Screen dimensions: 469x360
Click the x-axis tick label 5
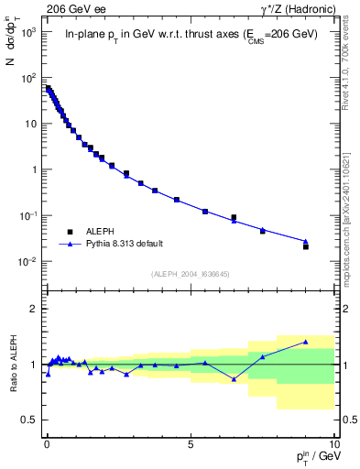[x=190, y=451]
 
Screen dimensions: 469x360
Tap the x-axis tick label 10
[x=333, y=451]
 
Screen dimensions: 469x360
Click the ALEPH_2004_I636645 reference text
[x=190, y=275]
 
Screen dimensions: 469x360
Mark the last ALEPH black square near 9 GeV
[x=306, y=246]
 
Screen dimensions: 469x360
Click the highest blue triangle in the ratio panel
[x=306, y=342]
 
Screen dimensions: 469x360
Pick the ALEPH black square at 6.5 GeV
[x=234, y=217]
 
